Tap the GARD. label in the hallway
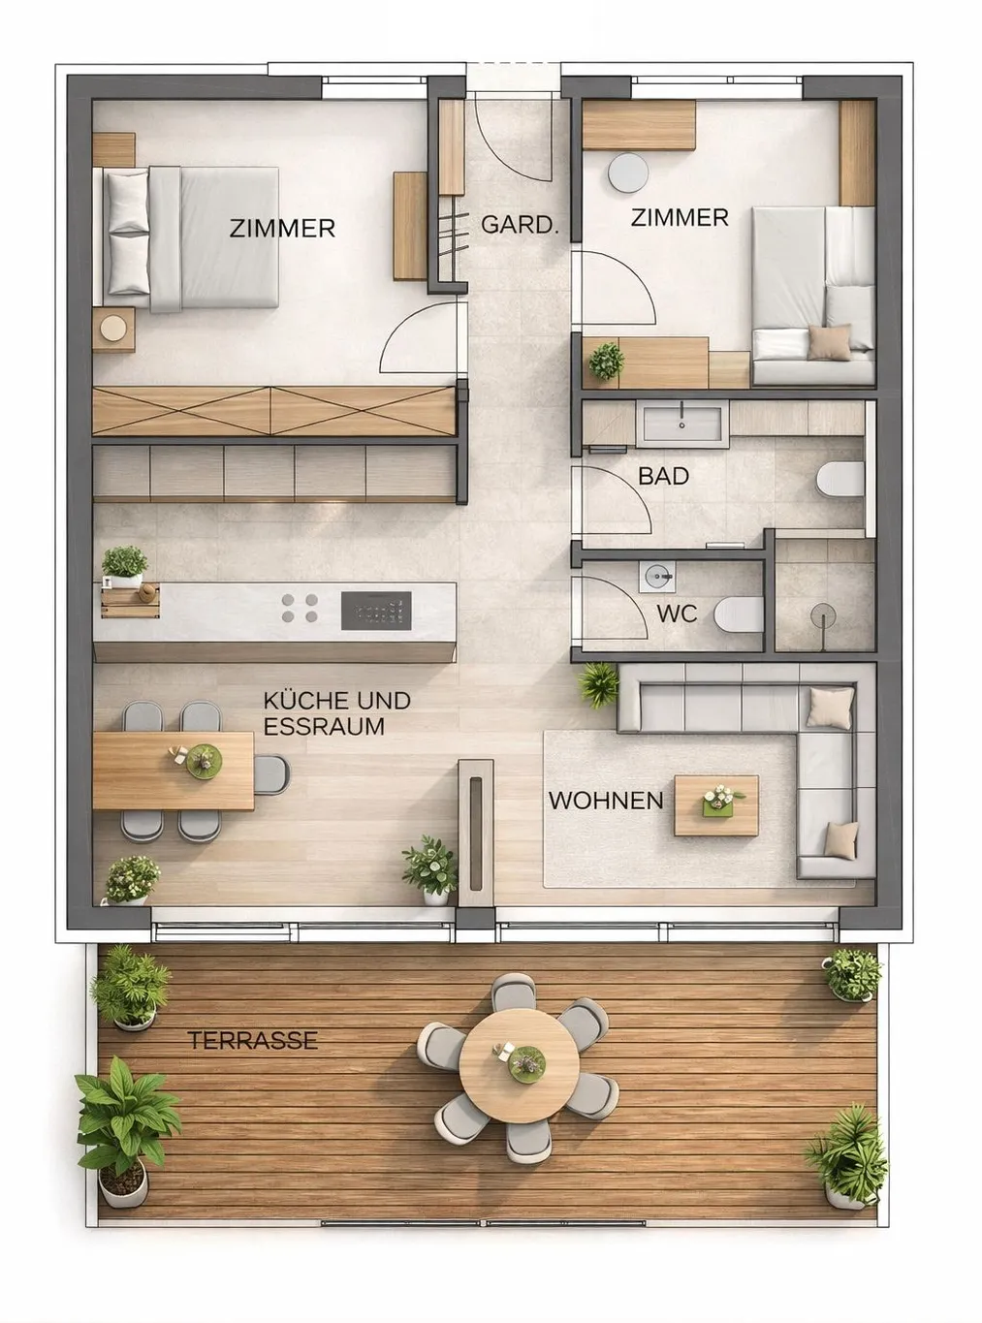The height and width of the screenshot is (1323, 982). tap(520, 224)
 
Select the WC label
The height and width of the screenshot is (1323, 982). tap(678, 614)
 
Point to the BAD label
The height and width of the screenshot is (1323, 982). tap(663, 476)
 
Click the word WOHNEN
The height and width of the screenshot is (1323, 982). tap(606, 801)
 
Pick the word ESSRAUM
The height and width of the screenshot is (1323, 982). tap(324, 727)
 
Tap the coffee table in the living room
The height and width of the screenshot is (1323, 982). tap(716, 805)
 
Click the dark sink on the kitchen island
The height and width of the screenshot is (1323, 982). tap(376, 611)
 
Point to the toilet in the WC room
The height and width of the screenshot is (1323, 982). tap(739, 614)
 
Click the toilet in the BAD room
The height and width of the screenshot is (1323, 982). tap(840, 479)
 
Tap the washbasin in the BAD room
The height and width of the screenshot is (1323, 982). tap(682, 424)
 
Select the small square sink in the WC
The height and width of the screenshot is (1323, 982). tap(657, 577)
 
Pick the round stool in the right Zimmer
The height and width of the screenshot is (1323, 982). tap(628, 173)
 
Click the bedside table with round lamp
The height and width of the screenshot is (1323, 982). tap(113, 329)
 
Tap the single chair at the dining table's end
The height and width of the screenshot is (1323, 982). tap(271, 774)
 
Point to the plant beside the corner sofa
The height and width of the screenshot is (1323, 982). tap(598, 685)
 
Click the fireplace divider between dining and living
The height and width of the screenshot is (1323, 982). tap(475, 834)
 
